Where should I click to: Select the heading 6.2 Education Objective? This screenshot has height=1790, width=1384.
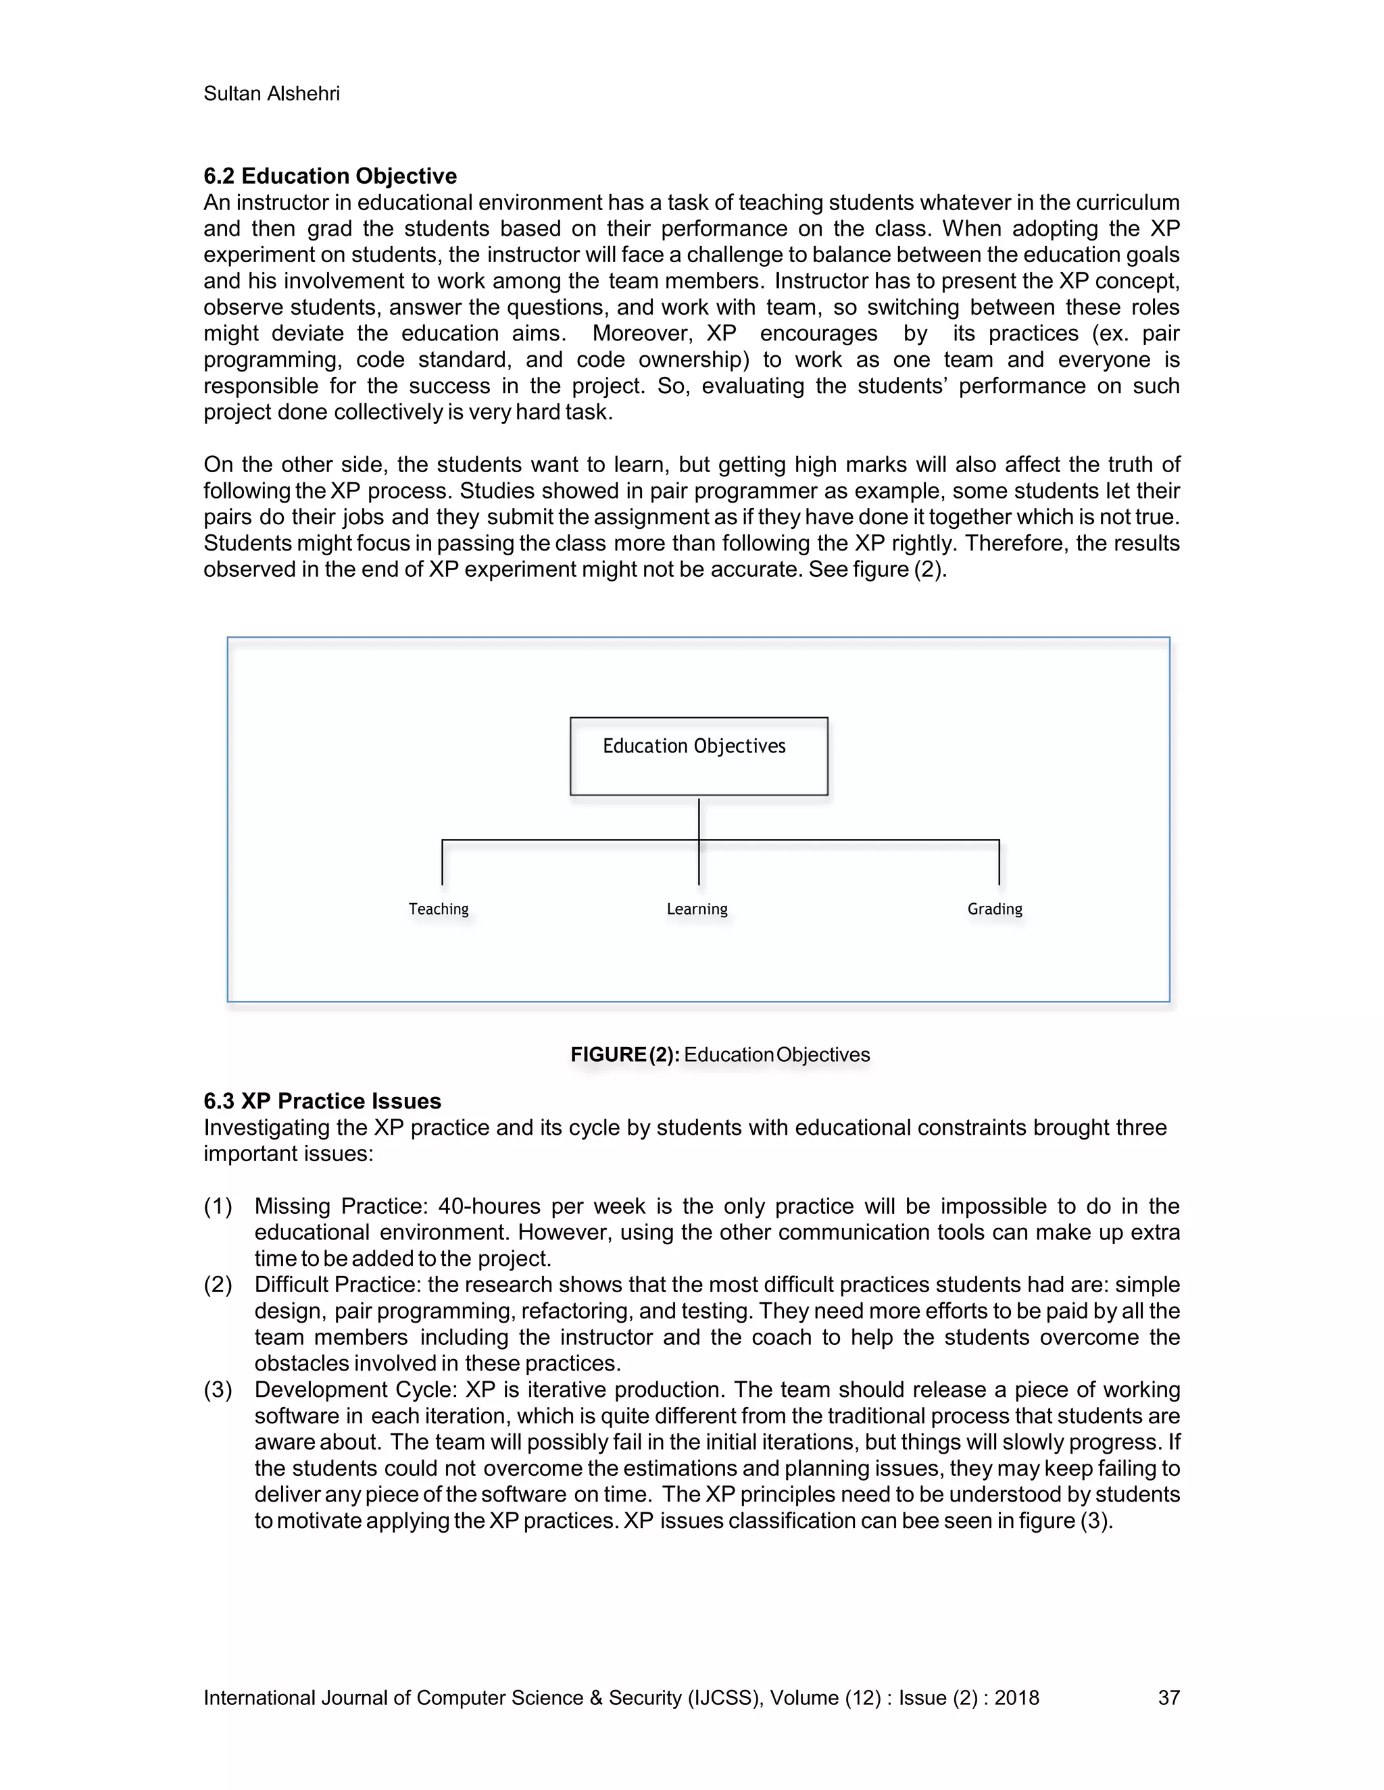[330, 176]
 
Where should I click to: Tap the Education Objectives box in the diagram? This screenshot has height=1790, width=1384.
[699, 756]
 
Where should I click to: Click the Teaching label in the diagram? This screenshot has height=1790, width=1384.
[439, 909]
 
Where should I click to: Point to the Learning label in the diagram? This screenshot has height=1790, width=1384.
[697, 909]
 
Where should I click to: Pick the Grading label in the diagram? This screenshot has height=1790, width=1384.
[995, 909]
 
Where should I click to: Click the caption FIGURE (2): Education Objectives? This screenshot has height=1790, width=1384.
[720, 1055]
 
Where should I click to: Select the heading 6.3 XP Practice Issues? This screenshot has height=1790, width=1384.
[322, 1101]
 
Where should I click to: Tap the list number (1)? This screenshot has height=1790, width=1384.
[218, 1206]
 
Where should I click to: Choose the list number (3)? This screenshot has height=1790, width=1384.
[218, 1389]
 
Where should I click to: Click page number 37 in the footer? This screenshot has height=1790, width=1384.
[1168, 1697]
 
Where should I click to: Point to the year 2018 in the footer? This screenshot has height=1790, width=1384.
[1016, 1697]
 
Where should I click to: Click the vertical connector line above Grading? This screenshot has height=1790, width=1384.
[999, 862]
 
